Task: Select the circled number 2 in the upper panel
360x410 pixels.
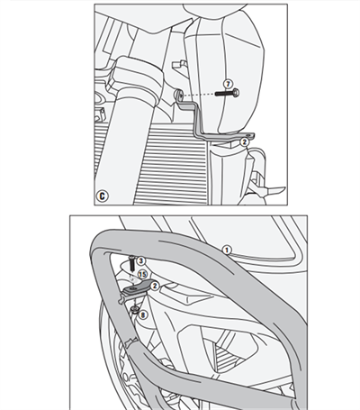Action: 244,141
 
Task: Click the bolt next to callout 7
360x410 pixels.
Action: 229,94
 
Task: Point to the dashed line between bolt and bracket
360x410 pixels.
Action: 200,96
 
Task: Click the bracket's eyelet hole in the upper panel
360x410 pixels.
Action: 178,96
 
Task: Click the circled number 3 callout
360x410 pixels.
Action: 142,260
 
